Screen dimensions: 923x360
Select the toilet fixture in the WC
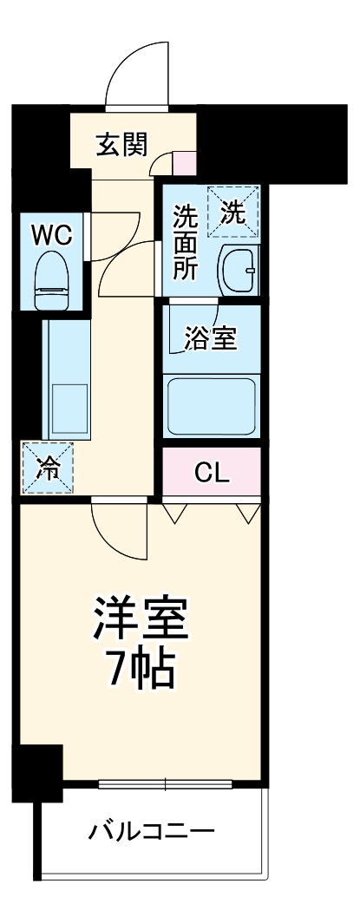(x=52, y=279)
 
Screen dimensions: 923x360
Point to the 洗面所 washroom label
(x=184, y=240)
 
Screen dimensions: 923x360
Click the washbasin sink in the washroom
(x=237, y=271)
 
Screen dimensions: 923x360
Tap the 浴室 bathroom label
(x=211, y=338)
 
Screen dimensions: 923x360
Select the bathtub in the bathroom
(x=212, y=405)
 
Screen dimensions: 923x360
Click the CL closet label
(x=211, y=473)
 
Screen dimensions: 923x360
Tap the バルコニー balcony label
(x=152, y=835)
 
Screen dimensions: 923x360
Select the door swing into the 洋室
(x=117, y=529)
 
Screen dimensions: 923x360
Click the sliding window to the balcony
(x=165, y=786)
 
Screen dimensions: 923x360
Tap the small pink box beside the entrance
(x=185, y=162)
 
